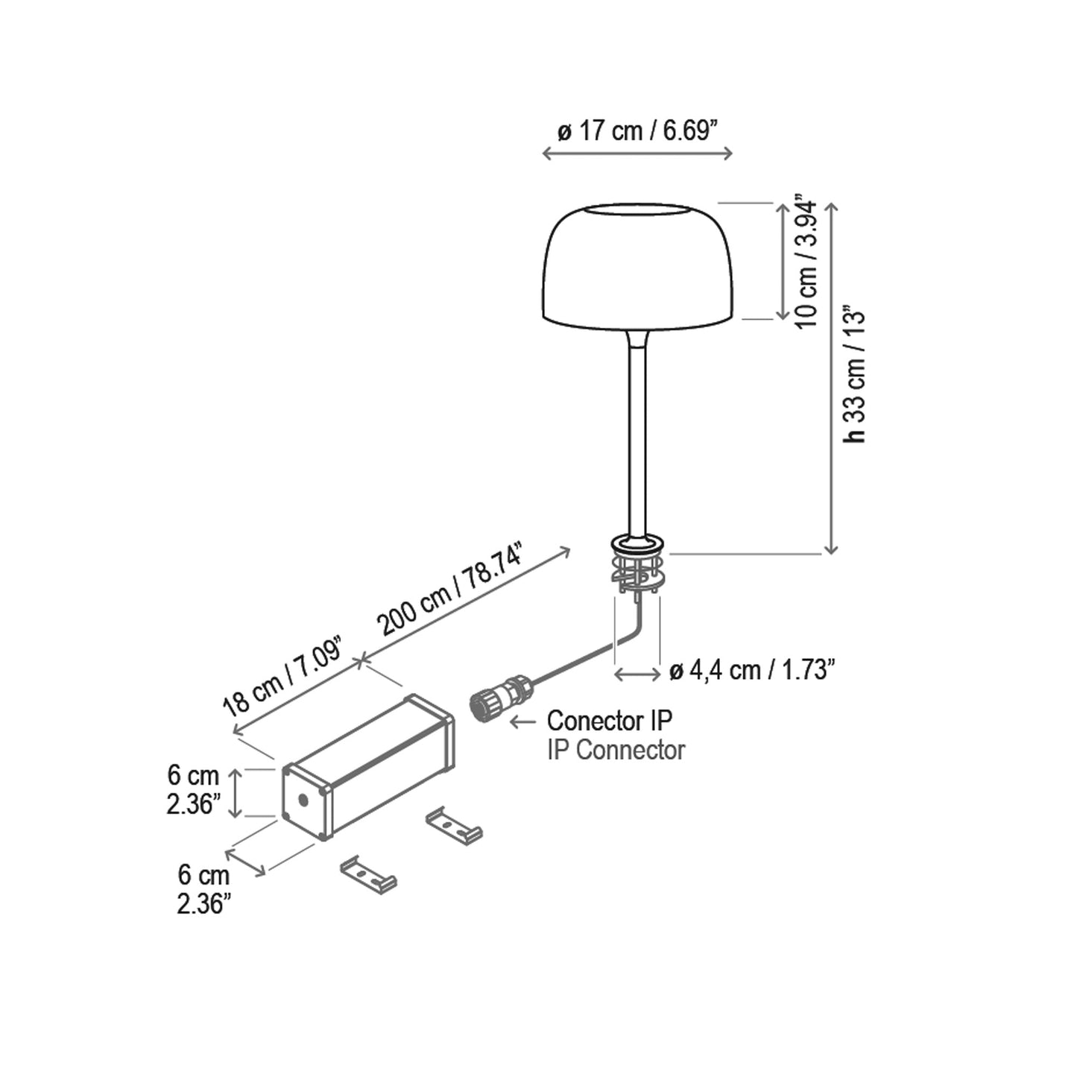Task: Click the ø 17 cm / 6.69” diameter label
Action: coord(637,131)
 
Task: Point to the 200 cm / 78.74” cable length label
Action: coord(452,590)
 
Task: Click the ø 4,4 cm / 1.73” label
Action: coord(751,671)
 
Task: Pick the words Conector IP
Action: coord(609,721)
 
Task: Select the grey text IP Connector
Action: coord(616,750)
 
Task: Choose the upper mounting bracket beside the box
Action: coord(453,825)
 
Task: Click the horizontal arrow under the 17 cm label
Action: coord(637,154)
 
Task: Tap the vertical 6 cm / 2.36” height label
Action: coord(193,790)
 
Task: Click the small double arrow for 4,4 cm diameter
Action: coord(636,674)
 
